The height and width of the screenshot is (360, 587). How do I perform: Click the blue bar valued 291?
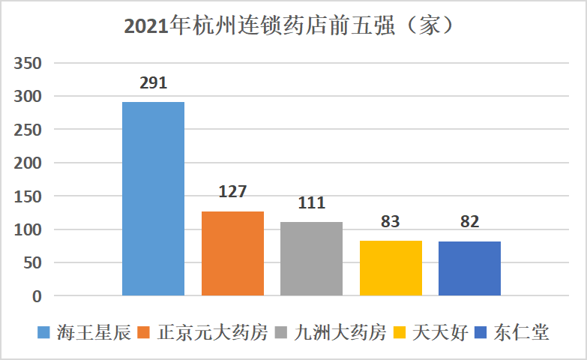(x=153, y=199)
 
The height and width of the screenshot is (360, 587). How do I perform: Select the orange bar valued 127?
(x=232, y=253)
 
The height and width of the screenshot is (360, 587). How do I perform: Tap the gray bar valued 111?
(x=311, y=259)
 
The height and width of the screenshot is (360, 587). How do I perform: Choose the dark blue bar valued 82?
(x=469, y=268)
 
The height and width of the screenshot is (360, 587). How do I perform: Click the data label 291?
(x=153, y=82)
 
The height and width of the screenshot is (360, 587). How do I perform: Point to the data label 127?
(x=232, y=192)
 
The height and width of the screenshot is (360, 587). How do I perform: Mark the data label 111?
(x=311, y=202)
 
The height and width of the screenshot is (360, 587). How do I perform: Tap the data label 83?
(x=391, y=221)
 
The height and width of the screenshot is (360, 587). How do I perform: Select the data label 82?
(x=469, y=222)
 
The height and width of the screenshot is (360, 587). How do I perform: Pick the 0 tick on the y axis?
(x=37, y=296)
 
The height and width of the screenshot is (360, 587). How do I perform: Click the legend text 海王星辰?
(x=84, y=332)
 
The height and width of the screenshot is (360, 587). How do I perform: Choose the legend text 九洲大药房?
(x=340, y=332)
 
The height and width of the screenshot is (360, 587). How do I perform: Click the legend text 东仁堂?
(x=522, y=332)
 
